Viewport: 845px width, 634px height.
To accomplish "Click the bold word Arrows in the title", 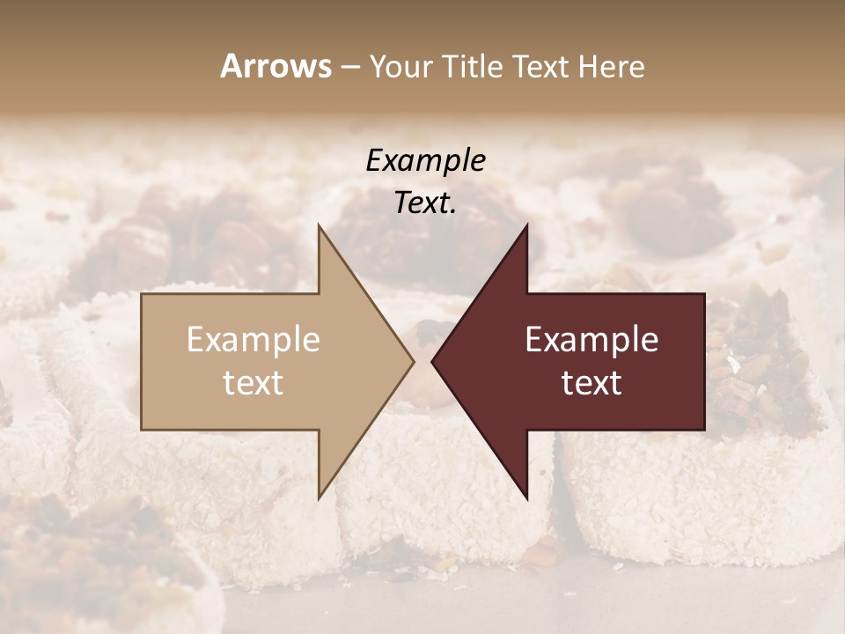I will coord(276,66).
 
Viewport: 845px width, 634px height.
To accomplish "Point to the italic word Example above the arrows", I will coord(425,160).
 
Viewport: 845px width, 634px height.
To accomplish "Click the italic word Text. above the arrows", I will coord(425,203).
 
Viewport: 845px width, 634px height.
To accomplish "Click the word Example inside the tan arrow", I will coord(253,340).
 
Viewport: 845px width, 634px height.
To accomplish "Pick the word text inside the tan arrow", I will coord(253,383).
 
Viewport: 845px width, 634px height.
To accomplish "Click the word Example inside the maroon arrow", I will coord(591,340).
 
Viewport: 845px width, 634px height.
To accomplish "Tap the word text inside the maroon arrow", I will coord(591,383).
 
